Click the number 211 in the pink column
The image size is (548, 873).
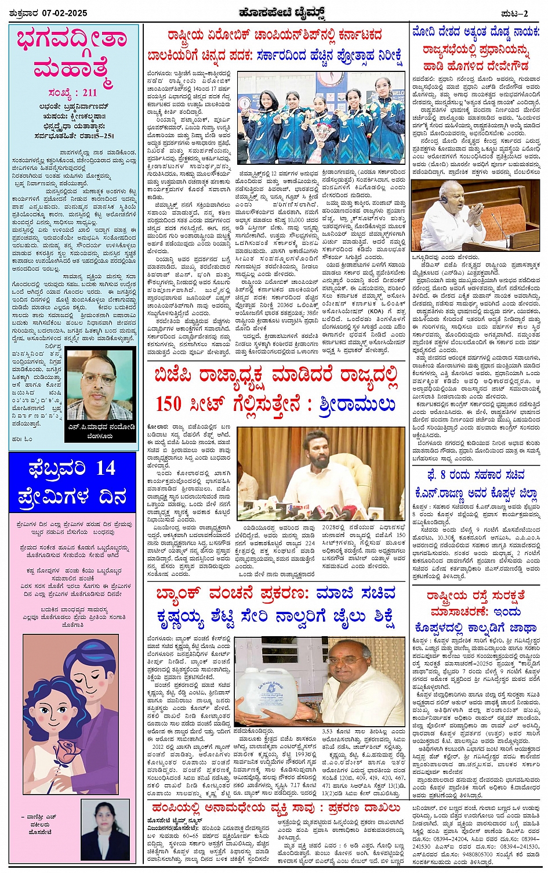pos(89,92)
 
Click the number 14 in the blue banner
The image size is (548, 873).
pos(106,468)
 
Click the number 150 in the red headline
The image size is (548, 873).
pos(169,403)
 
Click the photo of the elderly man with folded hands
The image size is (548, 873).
pos(476,215)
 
